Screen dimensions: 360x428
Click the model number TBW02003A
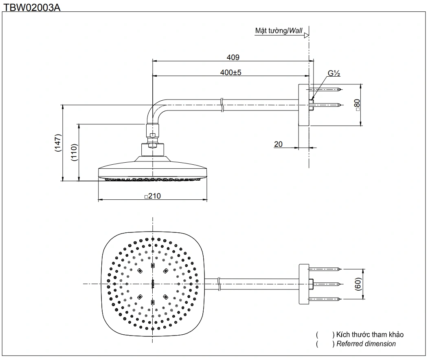(x=32, y=7)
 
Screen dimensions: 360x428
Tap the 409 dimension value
(x=233, y=57)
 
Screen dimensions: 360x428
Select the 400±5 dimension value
(x=231, y=73)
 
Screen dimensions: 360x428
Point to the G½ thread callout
(x=334, y=74)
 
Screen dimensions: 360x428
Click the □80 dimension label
(x=358, y=105)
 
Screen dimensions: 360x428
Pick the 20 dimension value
(x=278, y=144)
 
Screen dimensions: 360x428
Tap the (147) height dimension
(x=58, y=143)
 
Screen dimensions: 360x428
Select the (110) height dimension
(x=74, y=153)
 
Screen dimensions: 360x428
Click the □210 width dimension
(x=153, y=196)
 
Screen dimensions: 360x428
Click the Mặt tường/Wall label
(x=279, y=31)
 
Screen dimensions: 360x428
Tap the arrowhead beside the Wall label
(x=306, y=35)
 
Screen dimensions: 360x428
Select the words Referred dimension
(x=366, y=344)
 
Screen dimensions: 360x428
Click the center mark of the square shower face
(x=153, y=283)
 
